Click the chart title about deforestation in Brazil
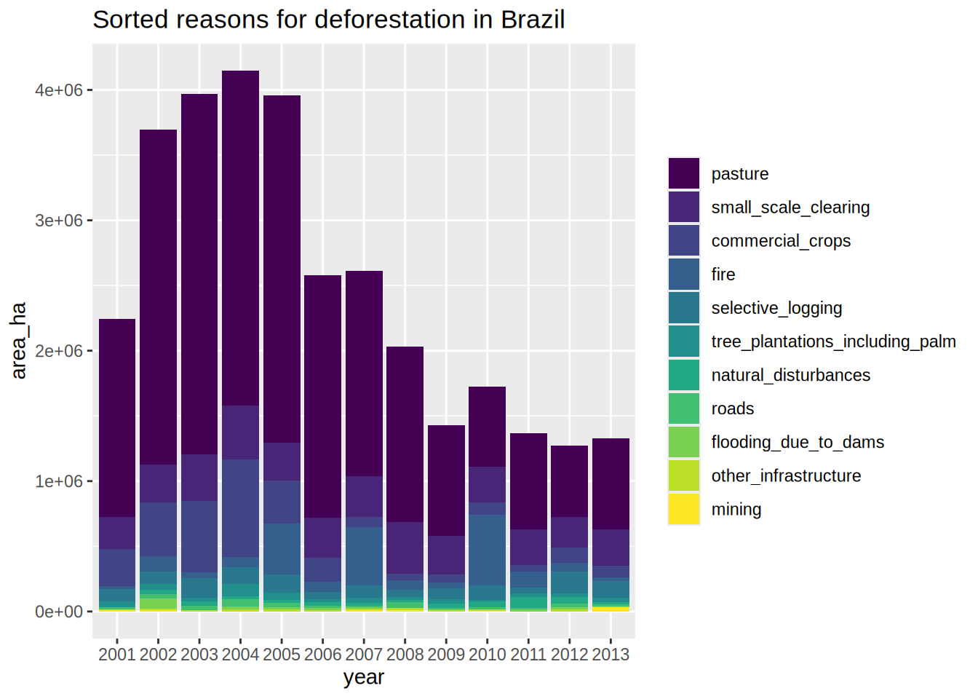(x=328, y=20)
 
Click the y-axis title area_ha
(x=18, y=340)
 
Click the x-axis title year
(x=363, y=677)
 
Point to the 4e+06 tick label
(x=59, y=90)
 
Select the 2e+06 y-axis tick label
(x=59, y=351)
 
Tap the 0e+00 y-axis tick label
(x=59, y=612)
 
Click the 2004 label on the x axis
(x=240, y=654)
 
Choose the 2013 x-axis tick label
(x=611, y=654)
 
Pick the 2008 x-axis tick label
(x=405, y=654)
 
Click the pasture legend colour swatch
(x=684, y=173)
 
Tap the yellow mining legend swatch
(x=684, y=509)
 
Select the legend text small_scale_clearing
(x=790, y=208)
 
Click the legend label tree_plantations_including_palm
(x=833, y=341)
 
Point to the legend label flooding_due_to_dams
(x=798, y=442)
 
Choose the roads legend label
(x=733, y=408)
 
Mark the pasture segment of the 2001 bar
(x=117, y=418)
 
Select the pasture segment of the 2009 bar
(x=446, y=481)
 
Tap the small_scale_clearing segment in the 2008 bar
(x=405, y=548)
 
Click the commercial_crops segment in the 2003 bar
(x=199, y=537)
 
